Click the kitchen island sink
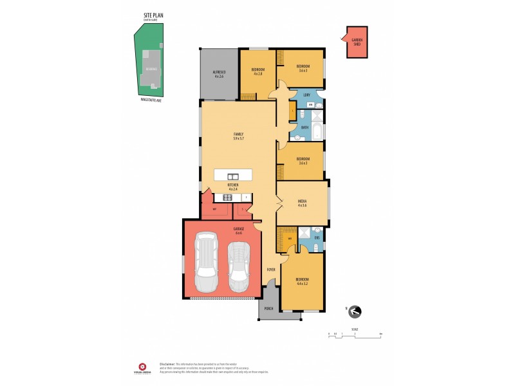232,176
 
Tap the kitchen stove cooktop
228,198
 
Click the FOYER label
271,270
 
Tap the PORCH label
269,309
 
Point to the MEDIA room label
301,203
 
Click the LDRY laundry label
307,95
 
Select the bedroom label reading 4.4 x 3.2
302,281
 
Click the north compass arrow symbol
355,312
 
